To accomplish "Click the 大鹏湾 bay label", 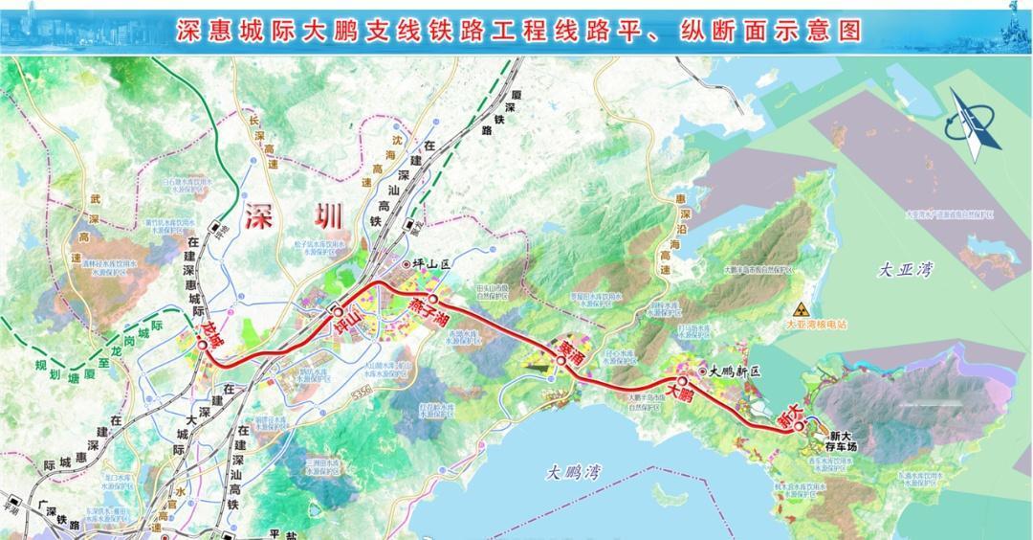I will click(573, 471).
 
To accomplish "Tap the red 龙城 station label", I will click(212, 337).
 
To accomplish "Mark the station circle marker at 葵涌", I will click(560, 361).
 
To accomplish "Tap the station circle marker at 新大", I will click(798, 430).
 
